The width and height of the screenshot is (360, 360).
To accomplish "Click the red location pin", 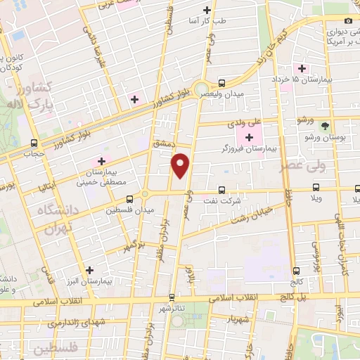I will point(181,165).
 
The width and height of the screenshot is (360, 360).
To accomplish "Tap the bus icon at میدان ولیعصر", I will point(221,82).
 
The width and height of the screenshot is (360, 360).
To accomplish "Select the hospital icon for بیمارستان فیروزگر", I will point(250,136).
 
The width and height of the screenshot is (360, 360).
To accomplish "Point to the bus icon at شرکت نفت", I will point(221,190).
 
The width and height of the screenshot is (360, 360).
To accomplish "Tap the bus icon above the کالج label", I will point(296,271).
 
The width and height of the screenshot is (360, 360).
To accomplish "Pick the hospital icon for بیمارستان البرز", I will point(89,270).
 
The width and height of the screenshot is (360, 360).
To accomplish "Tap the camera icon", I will point(348,21).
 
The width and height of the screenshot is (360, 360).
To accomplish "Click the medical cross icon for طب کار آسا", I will point(207,10).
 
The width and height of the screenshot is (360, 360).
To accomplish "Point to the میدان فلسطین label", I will point(124,210).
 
